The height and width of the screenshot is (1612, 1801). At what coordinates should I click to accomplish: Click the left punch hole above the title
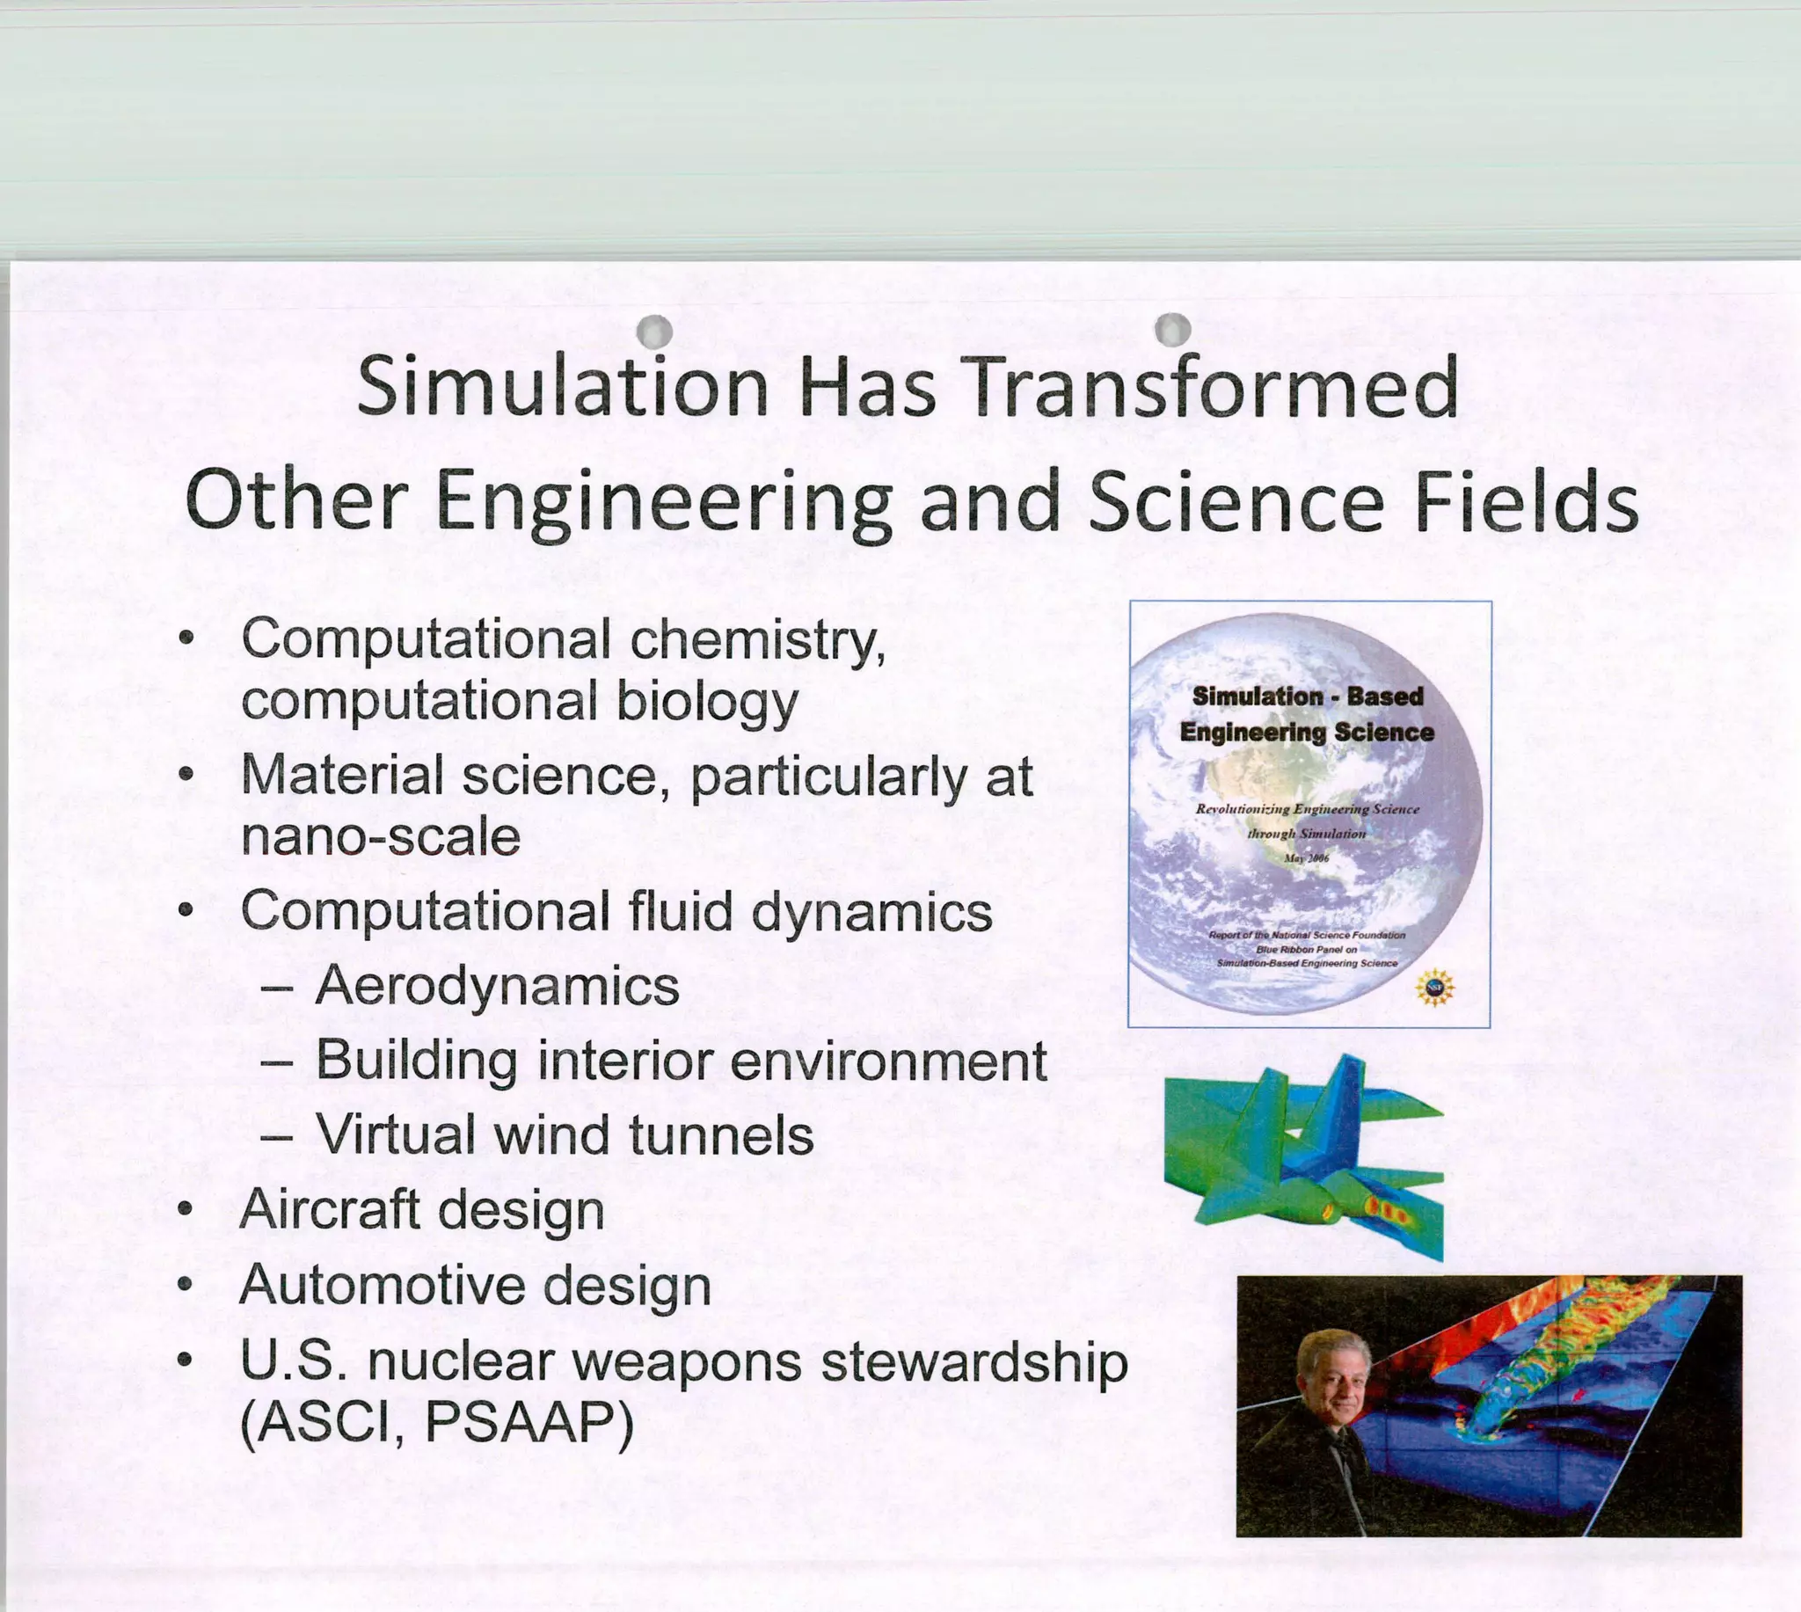click(655, 332)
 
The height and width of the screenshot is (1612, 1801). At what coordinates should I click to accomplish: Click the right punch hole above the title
click(1173, 329)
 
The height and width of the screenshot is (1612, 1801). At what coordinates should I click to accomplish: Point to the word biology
click(705, 702)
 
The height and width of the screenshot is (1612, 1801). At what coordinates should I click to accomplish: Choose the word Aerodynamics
click(497, 986)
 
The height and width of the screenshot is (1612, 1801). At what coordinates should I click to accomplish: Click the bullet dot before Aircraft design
click(184, 1209)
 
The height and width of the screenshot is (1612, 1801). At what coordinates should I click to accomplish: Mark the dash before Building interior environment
click(276, 1061)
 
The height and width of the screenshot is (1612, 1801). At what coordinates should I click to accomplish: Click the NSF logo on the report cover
click(1434, 988)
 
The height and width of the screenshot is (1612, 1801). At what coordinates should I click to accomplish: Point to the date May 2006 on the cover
click(1306, 858)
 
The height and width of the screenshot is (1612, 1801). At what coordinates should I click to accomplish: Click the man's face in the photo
click(1335, 1382)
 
